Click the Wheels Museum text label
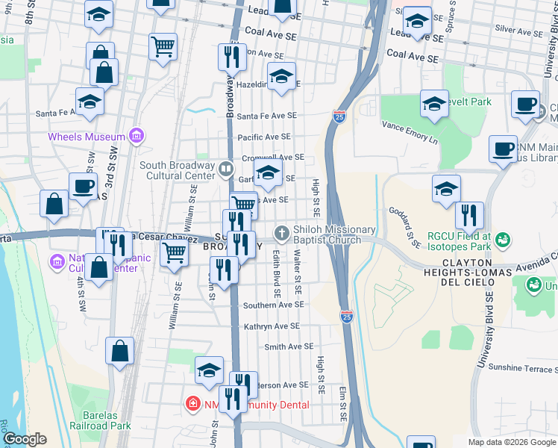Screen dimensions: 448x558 tap(86, 137)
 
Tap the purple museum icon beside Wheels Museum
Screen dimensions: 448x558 tap(137, 136)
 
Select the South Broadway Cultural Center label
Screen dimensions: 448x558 tap(177, 170)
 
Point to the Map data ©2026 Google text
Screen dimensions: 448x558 tap(511, 442)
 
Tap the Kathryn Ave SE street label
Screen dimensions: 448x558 tap(272, 326)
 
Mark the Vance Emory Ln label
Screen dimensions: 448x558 tap(410, 132)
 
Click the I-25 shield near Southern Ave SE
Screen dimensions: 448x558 tap(346, 317)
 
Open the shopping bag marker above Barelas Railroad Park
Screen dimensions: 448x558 tap(119, 352)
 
